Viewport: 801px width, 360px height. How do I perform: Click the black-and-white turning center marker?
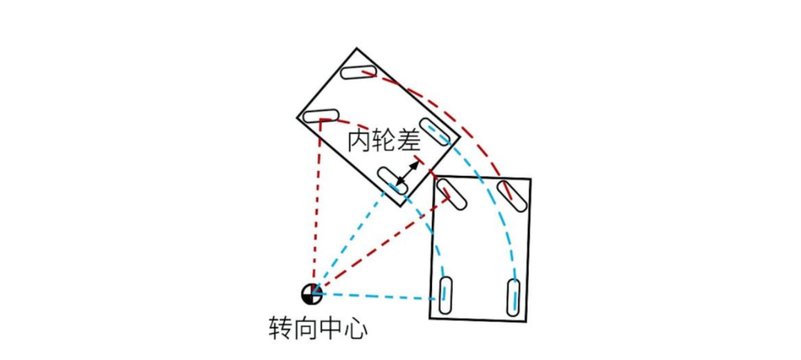pyautogui.click(x=312, y=293)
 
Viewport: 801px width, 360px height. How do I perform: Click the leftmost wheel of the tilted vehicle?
pyautogui.click(x=320, y=115)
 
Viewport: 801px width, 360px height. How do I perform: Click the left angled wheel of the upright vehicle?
pyautogui.click(x=453, y=194)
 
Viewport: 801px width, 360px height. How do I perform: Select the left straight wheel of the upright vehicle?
pyautogui.click(x=447, y=296)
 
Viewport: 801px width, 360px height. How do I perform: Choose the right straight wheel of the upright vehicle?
pyautogui.click(x=514, y=297)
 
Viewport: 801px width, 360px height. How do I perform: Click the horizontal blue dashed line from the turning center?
pyautogui.click(x=378, y=297)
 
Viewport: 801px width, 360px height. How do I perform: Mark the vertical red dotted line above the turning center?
pyautogui.click(x=317, y=207)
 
